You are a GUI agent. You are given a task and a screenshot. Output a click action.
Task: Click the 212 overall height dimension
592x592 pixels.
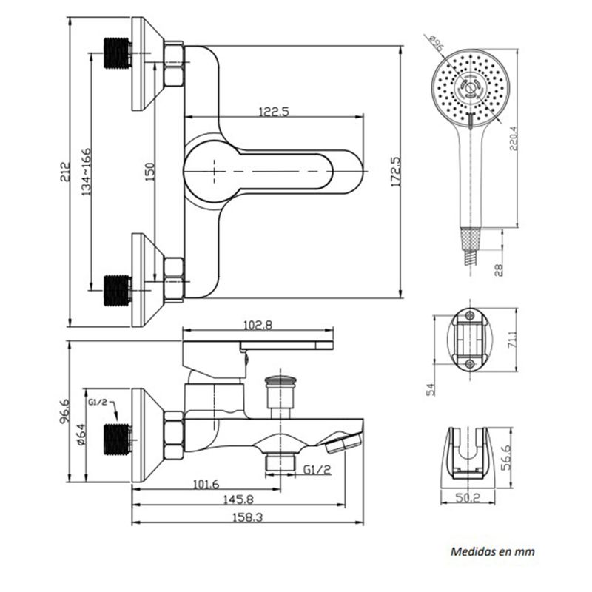tap(65, 172)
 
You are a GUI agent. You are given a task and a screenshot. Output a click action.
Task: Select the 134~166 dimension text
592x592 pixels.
tap(87, 172)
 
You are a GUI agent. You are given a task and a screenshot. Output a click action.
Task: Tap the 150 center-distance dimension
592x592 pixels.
tap(150, 172)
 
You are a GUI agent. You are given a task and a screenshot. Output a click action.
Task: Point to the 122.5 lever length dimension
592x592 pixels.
tap(274, 112)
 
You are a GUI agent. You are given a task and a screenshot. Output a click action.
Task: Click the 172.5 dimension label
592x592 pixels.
tap(395, 172)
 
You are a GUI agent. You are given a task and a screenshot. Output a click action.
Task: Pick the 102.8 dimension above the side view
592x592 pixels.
tap(258, 325)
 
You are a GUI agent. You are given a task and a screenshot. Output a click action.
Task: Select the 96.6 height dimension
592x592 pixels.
tap(65, 411)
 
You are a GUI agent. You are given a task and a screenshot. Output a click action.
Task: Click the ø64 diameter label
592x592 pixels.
tap(81, 435)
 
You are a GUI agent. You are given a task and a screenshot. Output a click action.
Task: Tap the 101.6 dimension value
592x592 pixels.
tap(206, 484)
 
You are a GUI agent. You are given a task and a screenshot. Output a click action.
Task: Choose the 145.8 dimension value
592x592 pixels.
tap(238, 499)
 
